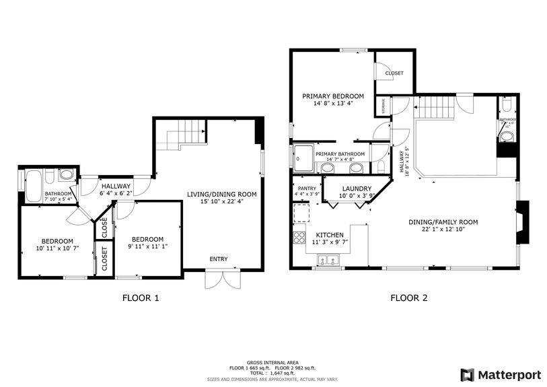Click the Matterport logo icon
click(466, 374)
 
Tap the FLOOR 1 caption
click(141, 297)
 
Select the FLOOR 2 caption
click(409, 297)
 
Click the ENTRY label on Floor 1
click(218, 259)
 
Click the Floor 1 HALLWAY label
click(116, 186)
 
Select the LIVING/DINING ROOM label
click(221, 195)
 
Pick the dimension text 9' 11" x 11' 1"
click(147, 248)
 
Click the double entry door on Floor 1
click(222, 279)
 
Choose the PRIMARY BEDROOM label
click(332, 96)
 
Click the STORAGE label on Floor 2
click(384, 106)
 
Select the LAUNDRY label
click(357, 188)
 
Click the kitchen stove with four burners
click(299, 237)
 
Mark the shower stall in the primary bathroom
click(304, 158)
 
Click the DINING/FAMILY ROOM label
click(443, 221)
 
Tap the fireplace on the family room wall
click(523, 223)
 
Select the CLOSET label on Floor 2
click(394, 73)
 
